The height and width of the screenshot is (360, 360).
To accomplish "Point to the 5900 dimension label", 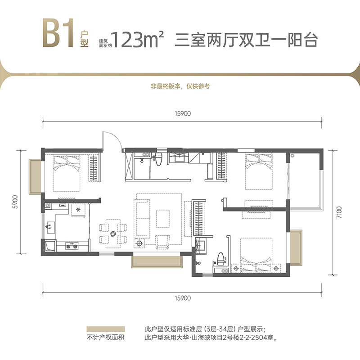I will pyautogui.click(x=15, y=202).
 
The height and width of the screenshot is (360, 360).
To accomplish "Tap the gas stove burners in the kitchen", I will pyautogui.click(x=72, y=246).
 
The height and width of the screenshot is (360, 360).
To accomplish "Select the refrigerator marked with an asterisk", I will pyautogui.click(x=78, y=210).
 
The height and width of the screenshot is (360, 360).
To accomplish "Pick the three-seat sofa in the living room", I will pyautogui.click(x=144, y=218).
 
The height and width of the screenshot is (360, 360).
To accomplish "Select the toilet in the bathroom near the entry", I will pyautogui.click(x=158, y=160).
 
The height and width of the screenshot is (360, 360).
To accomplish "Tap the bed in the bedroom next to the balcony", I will pyautogui.click(x=259, y=171).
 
